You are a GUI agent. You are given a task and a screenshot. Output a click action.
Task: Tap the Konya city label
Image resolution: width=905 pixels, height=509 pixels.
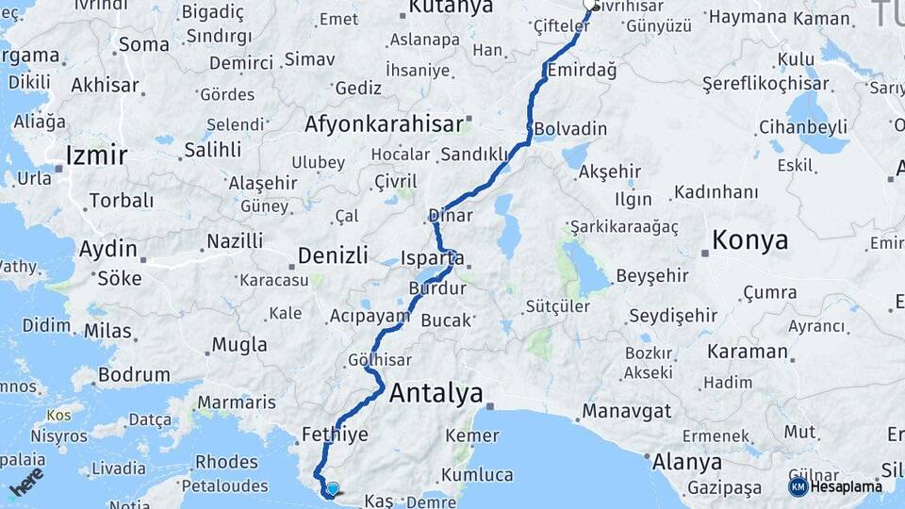click(749, 239)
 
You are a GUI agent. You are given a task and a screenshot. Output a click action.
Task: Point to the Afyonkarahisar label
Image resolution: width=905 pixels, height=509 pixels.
click(384, 123)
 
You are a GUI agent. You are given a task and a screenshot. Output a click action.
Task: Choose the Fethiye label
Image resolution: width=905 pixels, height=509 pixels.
click(335, 435)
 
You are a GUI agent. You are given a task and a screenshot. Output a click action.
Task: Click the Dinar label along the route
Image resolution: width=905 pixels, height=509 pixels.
click(450, 215)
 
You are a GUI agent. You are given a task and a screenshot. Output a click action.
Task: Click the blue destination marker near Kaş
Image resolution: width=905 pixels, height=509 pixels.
click(332, 488)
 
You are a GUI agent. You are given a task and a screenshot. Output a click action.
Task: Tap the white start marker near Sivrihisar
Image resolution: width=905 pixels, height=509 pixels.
click(591, 4)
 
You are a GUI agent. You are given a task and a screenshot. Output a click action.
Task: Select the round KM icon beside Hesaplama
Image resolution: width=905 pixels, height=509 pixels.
click(798, 486)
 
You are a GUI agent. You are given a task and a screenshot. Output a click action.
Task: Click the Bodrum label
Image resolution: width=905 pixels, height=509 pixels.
click(133, 374)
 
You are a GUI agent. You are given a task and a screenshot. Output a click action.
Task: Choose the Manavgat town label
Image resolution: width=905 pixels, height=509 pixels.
click(626, 411)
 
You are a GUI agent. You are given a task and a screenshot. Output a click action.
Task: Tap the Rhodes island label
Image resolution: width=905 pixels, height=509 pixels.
click(226, 462)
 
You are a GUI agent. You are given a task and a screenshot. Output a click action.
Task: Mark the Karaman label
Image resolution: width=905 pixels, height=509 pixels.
click(749, 352)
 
